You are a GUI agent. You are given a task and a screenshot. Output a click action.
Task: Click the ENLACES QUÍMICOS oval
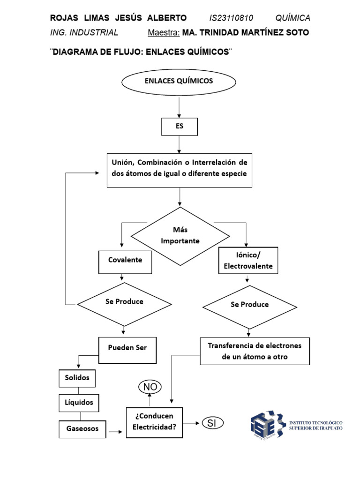click(x=179, y=82)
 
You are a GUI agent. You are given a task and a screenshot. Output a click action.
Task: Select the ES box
click(x=180, y=127)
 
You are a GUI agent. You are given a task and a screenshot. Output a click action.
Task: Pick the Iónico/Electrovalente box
click(x=248, y=261)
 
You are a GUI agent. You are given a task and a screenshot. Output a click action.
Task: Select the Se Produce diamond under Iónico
click(x=249, y=306)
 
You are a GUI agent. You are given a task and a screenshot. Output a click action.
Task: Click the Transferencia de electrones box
click(x=255, y=351)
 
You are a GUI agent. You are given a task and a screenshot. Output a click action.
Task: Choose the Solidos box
click(x=77, y=378)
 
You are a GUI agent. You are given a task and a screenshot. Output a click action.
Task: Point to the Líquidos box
click(x=79, y=403)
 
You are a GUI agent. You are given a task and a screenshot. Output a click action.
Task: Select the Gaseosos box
click(x=82, y=429)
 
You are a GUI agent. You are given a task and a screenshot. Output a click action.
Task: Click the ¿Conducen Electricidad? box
click(x=154, y=422)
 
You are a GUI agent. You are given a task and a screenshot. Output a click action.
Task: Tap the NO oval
click(x=150, y=387)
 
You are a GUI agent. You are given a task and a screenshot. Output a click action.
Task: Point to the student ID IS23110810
click(x=231, y=18)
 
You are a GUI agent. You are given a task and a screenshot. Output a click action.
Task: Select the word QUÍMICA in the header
click(x=292, y=18)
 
